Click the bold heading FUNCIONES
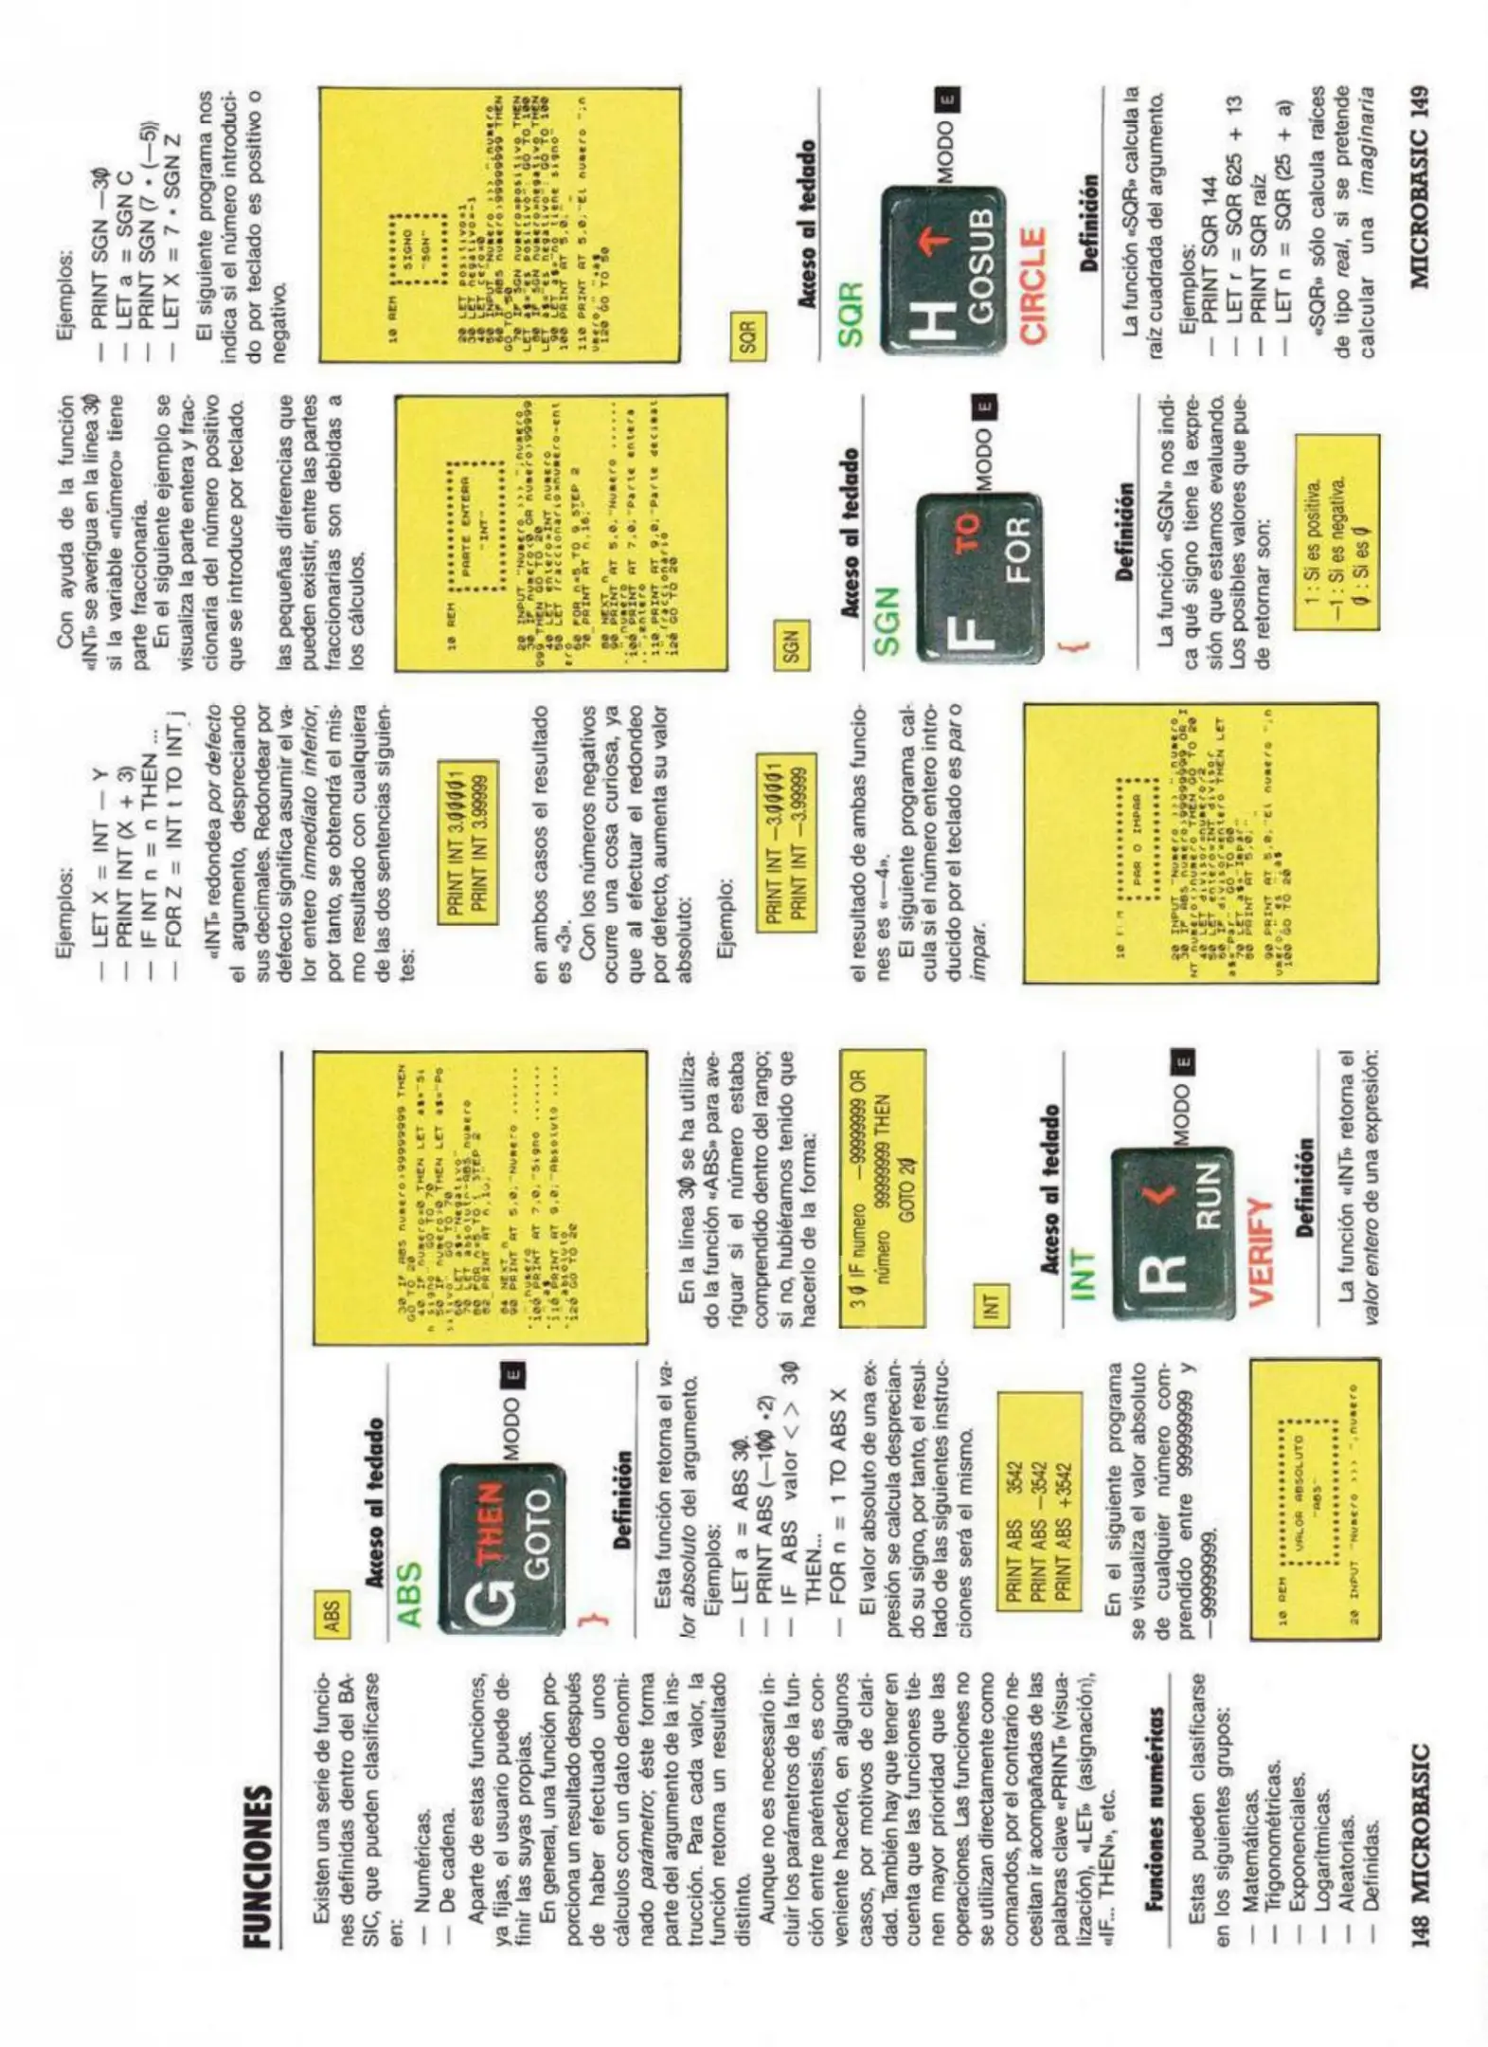point(259,1865)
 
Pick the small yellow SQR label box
point(748,333)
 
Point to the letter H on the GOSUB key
point(932,320)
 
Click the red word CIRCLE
point(1033,284)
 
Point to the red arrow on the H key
point(936,242)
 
